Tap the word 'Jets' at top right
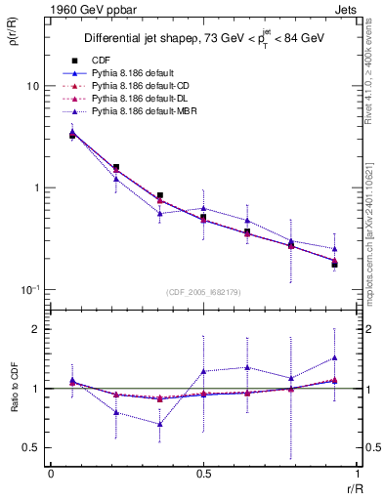click(x=346, y=10)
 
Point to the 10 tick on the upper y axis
click(x=32, y=86)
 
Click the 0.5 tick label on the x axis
click(x=203, y=475)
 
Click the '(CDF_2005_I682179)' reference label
click(x=202, y=293)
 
